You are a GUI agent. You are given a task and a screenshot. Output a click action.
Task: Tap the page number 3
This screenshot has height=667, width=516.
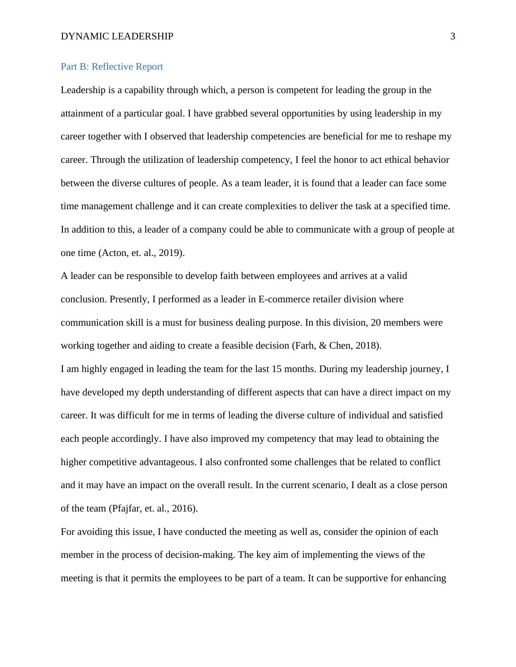pos(453,36)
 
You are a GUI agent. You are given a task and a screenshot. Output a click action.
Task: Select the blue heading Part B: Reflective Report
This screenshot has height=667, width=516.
pos(112,67)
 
